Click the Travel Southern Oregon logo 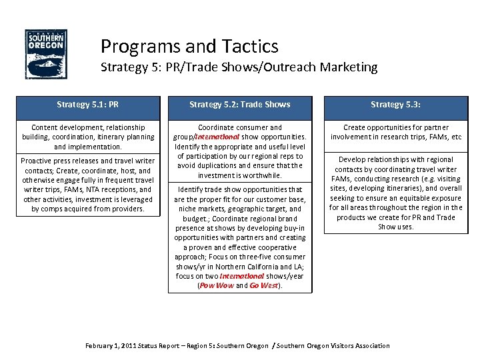tap(45, 54)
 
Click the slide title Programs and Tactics tap(189, 46)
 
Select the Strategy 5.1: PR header tap(88, 104)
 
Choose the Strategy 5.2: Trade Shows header tap(240, 104)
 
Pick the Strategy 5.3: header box tap(396, 104)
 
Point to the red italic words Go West tap(264, 285)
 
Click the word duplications tap(219, 165)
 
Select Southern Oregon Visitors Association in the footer tap(333, 345)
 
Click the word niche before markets tap(188, 209)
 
